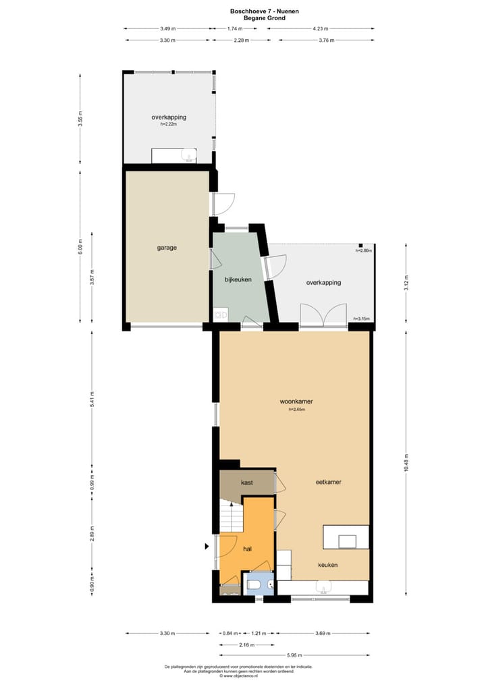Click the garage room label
click(x=167, y=248)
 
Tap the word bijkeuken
click(x=237, y=279)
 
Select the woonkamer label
click(x=296, y=402)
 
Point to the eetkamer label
click(x=328, y=483)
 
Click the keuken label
click(x=328, y=565)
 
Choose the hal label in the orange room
click(x=248, y=549)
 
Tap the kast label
click(x=246, y=483)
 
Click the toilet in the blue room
click(x=256, y=584)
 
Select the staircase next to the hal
click(x=231, y=516)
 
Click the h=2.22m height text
click(x=169, y=124)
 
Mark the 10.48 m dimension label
click(x=406, y=464)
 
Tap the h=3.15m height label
click(x=362, y=319)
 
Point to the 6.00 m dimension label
click(x=80, y=247)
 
